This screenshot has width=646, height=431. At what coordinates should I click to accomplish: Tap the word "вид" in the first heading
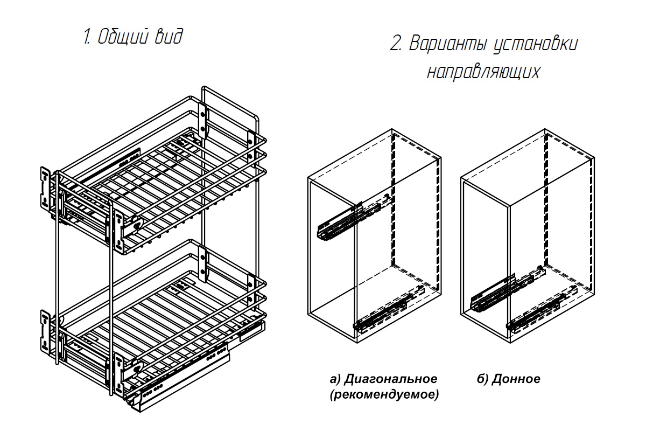click(168, 37)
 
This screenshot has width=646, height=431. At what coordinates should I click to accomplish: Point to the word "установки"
click(536, 45)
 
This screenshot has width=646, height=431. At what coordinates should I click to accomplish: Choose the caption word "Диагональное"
click(391, 379)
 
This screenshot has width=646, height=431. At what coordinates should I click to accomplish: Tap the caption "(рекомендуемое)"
click(384, 394)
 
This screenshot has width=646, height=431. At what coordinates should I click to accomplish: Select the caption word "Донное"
click(516, 379)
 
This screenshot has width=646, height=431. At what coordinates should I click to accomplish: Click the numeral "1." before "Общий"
click(87, 37)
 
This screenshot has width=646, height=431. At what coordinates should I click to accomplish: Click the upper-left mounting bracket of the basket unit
click(45, 187)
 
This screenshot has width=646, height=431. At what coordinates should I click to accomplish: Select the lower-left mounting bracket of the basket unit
click(45, 331)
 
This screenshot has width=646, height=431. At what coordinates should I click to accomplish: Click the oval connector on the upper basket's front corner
click(137, 225)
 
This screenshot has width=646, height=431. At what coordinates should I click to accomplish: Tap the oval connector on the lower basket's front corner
click(138, 369)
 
